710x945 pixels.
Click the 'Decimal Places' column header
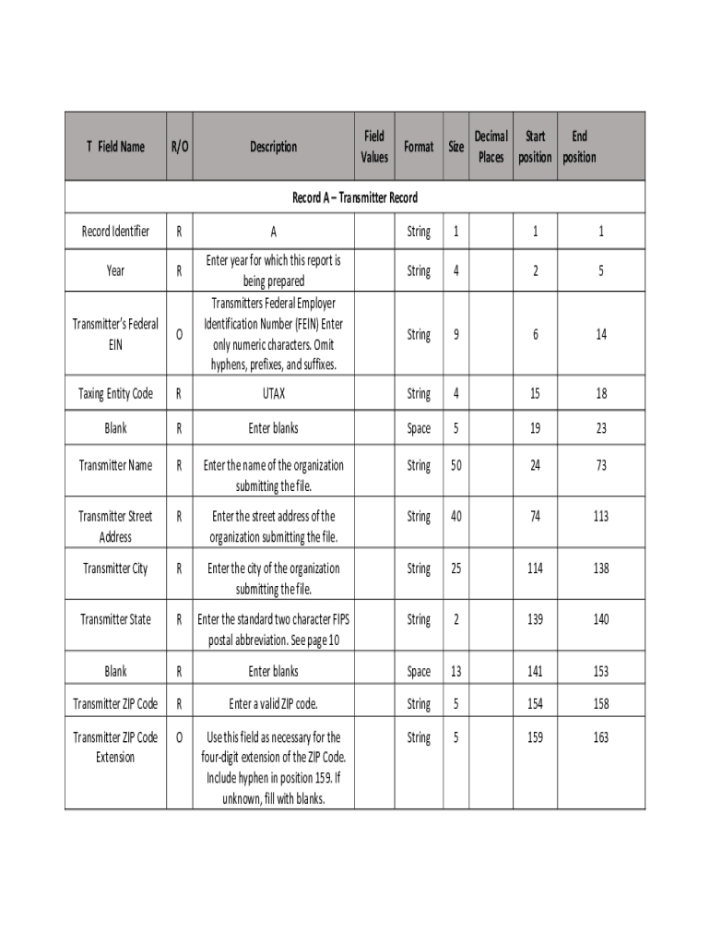(x=491, y=147)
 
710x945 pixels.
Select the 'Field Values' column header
(x=374, y=147)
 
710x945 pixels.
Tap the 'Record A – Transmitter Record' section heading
(x=355, y=197)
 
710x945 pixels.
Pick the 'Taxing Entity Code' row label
(x=115, y=394)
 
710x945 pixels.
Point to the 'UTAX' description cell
(x=273, y=394)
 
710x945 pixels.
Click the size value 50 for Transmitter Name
(x=456, y=466)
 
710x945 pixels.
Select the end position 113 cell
(x=601, y=517)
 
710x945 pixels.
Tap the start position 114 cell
(x=535, y=568)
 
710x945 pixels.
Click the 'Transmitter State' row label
(x=115, y=620)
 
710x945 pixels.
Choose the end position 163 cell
(x=601, y=738)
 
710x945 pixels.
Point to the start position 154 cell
(x=535, y=704)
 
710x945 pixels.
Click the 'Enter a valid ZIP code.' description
(x=273, y=704)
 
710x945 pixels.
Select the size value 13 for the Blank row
(x=456, y=672)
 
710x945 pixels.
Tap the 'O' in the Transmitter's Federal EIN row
(x=179, y=335)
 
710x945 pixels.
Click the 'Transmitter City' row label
(x=115, y=568)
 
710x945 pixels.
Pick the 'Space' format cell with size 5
(x=419, y=429)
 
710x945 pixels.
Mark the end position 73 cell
(x=601, y=466)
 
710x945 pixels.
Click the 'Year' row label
(x=115, y=271)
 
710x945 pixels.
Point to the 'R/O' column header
(x=179, y=147)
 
